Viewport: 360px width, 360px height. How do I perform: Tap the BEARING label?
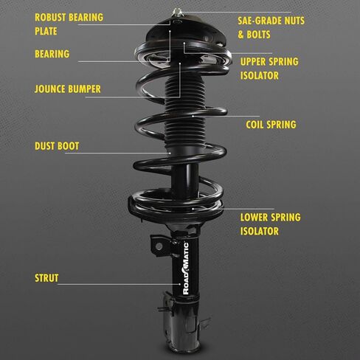[x=52, y=54]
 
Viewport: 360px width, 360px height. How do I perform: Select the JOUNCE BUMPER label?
[x=67, y=89]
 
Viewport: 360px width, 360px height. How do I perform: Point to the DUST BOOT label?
[x=57, y=146]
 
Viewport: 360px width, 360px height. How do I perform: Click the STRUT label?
[x=46, y=278]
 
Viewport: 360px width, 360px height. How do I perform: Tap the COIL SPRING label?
[x=271, y=125]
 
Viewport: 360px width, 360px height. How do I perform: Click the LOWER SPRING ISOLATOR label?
[x=270, y=224]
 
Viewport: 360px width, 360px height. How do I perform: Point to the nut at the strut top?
[x=177, y=12]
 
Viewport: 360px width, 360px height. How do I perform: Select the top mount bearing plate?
[x=178, y=33]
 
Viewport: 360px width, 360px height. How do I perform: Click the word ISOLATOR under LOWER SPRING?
[x=260, y=231]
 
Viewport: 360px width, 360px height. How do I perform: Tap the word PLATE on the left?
[x=46, y=32]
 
